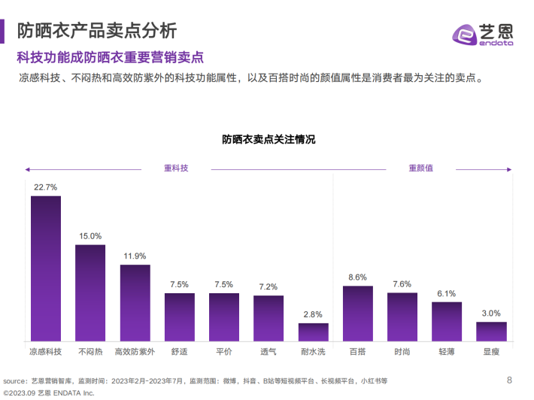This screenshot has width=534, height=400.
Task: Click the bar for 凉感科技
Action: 46,269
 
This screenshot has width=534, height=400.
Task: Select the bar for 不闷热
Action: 90,294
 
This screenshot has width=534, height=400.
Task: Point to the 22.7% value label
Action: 46,187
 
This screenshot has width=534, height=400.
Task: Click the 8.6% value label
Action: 357,277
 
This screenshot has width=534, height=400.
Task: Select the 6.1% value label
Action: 447,294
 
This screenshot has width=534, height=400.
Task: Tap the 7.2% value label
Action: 269,286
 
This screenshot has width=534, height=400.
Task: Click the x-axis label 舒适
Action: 179,351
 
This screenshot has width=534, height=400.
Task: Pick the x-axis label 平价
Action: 223,351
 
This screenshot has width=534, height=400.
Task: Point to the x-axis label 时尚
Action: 402,351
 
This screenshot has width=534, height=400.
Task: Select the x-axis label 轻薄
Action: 447,351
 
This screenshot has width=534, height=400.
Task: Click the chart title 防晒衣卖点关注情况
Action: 268,140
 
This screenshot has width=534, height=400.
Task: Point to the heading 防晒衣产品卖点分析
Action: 97,31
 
